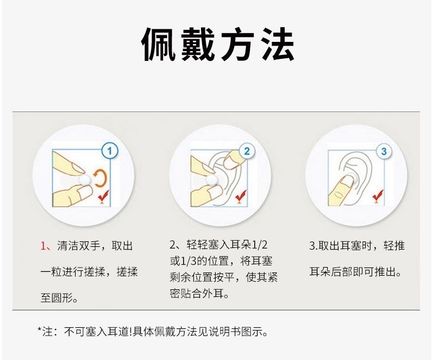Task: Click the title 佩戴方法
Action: (218, 44)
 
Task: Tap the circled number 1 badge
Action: (110, 151)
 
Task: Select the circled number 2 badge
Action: (247, 151)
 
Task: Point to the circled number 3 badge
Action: (384, 151)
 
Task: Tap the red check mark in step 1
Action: (104, 196)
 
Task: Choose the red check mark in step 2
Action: (241, 196)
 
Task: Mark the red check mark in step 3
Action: (378, 196)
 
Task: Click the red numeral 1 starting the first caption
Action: (43, 246)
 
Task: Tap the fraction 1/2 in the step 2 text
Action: (260, 245)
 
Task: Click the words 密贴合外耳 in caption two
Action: (197, 293)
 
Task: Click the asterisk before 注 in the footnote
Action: (40, 330)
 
